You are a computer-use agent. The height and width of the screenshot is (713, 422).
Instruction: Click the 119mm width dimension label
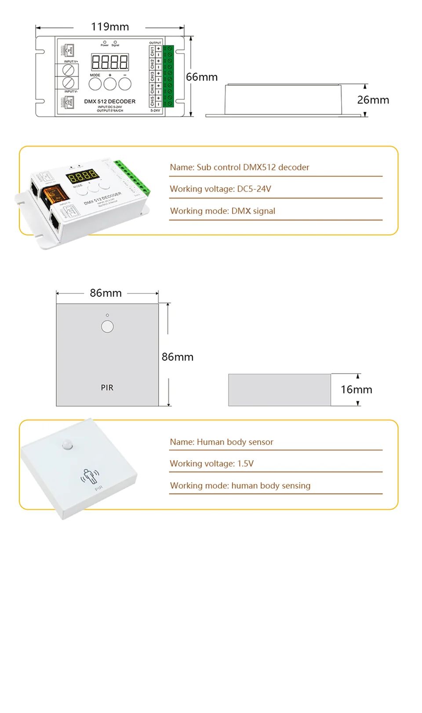pyautogui.click(x=110, y=27)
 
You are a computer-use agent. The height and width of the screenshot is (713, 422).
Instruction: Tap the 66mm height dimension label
pyautogui.click(x=202, y=77)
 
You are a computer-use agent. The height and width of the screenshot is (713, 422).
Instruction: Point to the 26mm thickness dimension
pyautogui.click(x=373, y=100)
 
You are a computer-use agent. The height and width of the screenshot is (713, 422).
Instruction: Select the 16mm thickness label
pyautogui.click(x=356, y=390)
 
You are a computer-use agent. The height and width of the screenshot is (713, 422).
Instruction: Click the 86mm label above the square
pyautogui.click(x=105, y=293)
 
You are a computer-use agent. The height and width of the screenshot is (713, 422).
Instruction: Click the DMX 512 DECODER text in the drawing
pyautogui.click(x=110, y=101)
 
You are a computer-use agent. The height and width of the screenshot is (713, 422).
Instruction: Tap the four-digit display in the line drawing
pyautogui.click(x=110, y=62)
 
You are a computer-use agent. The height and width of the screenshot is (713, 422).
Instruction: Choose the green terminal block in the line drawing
pyautogui.click(x=168, y=76)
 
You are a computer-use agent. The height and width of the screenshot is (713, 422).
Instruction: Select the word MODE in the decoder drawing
pyautogui.click(x=95, y=75)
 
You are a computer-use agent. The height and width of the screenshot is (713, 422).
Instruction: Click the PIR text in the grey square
pyautogui.click(x=107, y=388)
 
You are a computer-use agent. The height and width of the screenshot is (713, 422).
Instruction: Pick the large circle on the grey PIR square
pyautogui.click(x=107, y=327)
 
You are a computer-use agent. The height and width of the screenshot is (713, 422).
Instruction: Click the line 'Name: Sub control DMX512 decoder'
pyautogui.click(x=240, y=167)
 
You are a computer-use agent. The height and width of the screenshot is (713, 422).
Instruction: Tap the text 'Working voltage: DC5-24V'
pyautogui.click(x=220, y=189)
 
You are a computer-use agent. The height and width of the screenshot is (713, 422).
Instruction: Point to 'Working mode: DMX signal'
pyautogui.click(x=222, y=211)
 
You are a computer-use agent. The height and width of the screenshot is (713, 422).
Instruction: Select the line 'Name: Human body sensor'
pyautogui.click(x=222, y=442)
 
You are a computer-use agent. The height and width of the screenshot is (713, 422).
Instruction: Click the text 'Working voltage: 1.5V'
pyautogui.click(x=211, y=463)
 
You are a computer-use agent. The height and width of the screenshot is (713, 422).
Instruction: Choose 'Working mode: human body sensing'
pyautogui.click(x=240, y=485)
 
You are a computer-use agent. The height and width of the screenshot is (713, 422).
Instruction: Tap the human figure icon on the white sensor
pyautogui.click(x=89, y=476)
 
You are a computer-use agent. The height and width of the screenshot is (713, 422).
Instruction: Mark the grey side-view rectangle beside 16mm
pyautogui.click(x=279, y=390)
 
